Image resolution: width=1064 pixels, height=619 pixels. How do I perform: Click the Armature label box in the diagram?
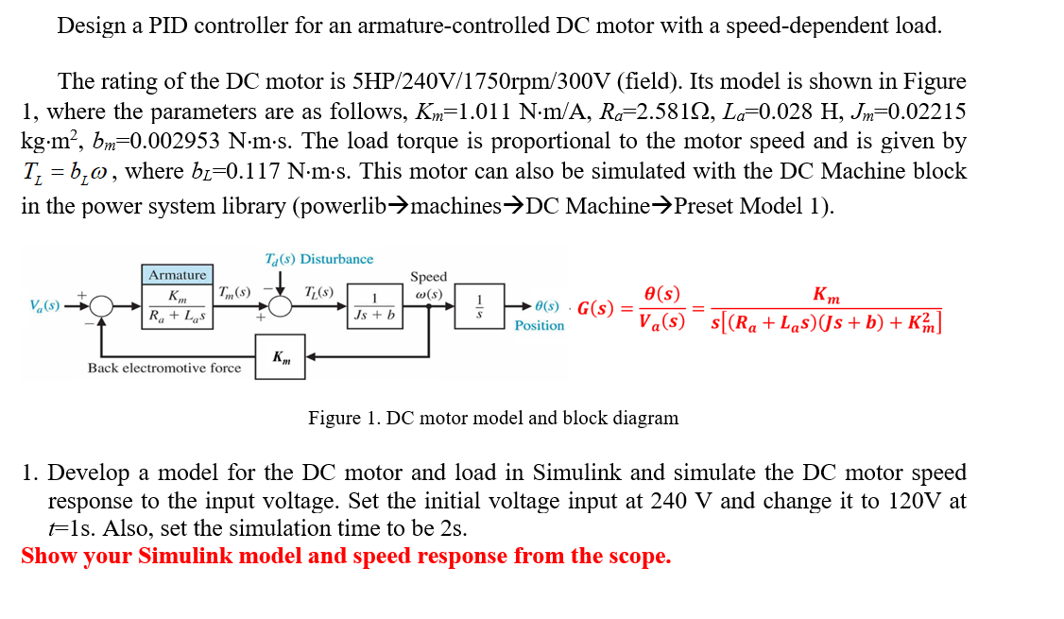(x=178, y=275)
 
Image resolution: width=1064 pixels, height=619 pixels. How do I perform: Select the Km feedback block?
(x=281, y=356)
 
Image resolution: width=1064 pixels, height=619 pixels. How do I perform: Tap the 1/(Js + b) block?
(x=375, y=307)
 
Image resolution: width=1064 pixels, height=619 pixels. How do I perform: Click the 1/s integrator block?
(x=478, y=307)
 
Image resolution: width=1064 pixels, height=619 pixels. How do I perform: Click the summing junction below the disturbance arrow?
(x=280, y=306)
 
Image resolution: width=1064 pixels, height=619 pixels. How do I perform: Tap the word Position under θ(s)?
(x=540, y=326)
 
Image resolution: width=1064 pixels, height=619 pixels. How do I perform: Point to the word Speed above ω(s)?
(x=428, y=277)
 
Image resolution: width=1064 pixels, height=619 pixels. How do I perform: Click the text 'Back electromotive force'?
(x=164, y=368)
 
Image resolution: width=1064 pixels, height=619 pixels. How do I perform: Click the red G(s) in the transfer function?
(x=596, y=308)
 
